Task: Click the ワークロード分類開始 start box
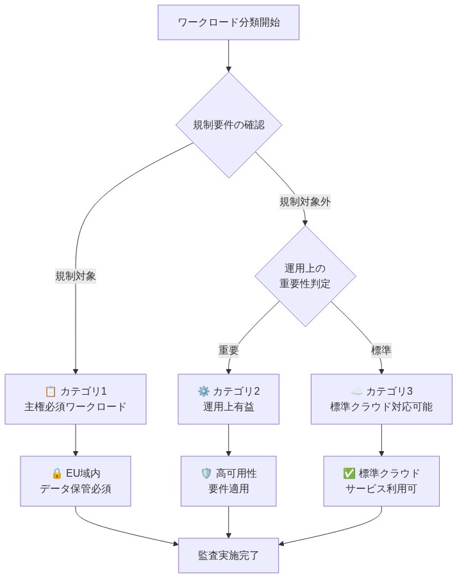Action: coord(229,22)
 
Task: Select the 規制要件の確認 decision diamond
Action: coord(229,125)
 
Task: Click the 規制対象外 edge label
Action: coord(305,201)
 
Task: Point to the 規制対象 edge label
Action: coord(76,276)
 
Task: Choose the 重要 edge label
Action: coord(229,351)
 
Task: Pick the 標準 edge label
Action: coord(381,351)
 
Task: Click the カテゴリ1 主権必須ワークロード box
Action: coord(76,399)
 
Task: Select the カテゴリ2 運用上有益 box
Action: coord(229,399)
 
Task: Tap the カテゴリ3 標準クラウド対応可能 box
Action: coord(381,399)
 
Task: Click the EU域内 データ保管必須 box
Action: coord(76,481)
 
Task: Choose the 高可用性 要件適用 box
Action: coord(229,481)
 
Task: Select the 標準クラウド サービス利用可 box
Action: coord(381,481)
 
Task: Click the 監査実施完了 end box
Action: coord(229,555)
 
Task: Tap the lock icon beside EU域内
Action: coord(56,474)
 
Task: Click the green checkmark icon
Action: coord(349,474)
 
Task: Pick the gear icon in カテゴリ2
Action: coord(203,392)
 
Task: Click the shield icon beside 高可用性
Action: coord(206,474)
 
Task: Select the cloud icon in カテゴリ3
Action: coord(357,392)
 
